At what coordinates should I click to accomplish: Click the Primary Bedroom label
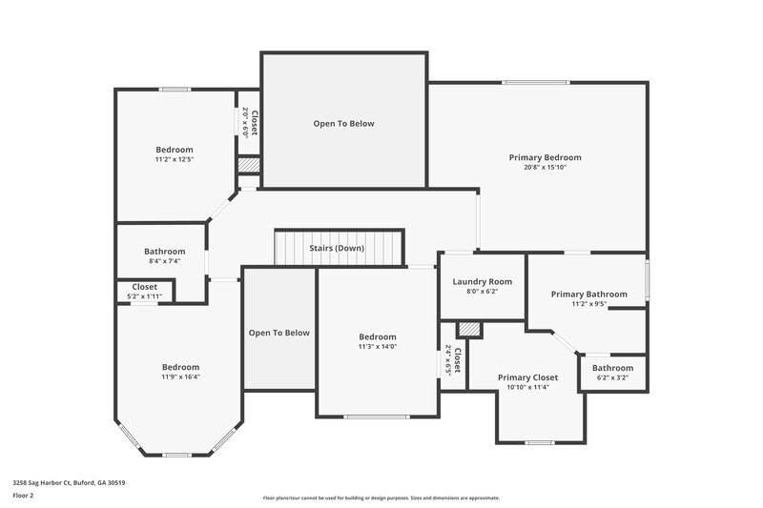(545, 157)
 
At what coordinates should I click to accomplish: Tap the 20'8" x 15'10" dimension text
(545, 168)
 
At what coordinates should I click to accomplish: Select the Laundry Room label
(482, 281)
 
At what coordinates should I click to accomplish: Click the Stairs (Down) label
(337, 248)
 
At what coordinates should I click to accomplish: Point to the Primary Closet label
(527, 377)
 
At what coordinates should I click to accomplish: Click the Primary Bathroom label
(589, 294)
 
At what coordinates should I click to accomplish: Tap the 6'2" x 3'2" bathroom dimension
(612, 377)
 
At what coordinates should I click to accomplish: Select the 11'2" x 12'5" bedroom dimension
(175, 159)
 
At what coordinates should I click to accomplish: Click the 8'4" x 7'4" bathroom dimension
(164, 260)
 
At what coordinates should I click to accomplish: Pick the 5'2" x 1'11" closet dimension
(145, 295)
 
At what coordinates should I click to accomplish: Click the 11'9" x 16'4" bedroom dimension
(180, 376)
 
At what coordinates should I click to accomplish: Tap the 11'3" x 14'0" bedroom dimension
(378, 346)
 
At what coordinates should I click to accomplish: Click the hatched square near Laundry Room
(467, 329)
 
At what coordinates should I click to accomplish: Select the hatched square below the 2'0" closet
(248, 165)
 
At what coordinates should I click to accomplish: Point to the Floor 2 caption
(23, 496)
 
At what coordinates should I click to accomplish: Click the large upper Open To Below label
(344, 124)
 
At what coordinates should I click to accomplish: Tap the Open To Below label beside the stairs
(279, 333)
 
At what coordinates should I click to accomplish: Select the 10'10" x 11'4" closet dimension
(527, 387)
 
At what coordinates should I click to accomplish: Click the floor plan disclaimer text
(381, 498)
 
